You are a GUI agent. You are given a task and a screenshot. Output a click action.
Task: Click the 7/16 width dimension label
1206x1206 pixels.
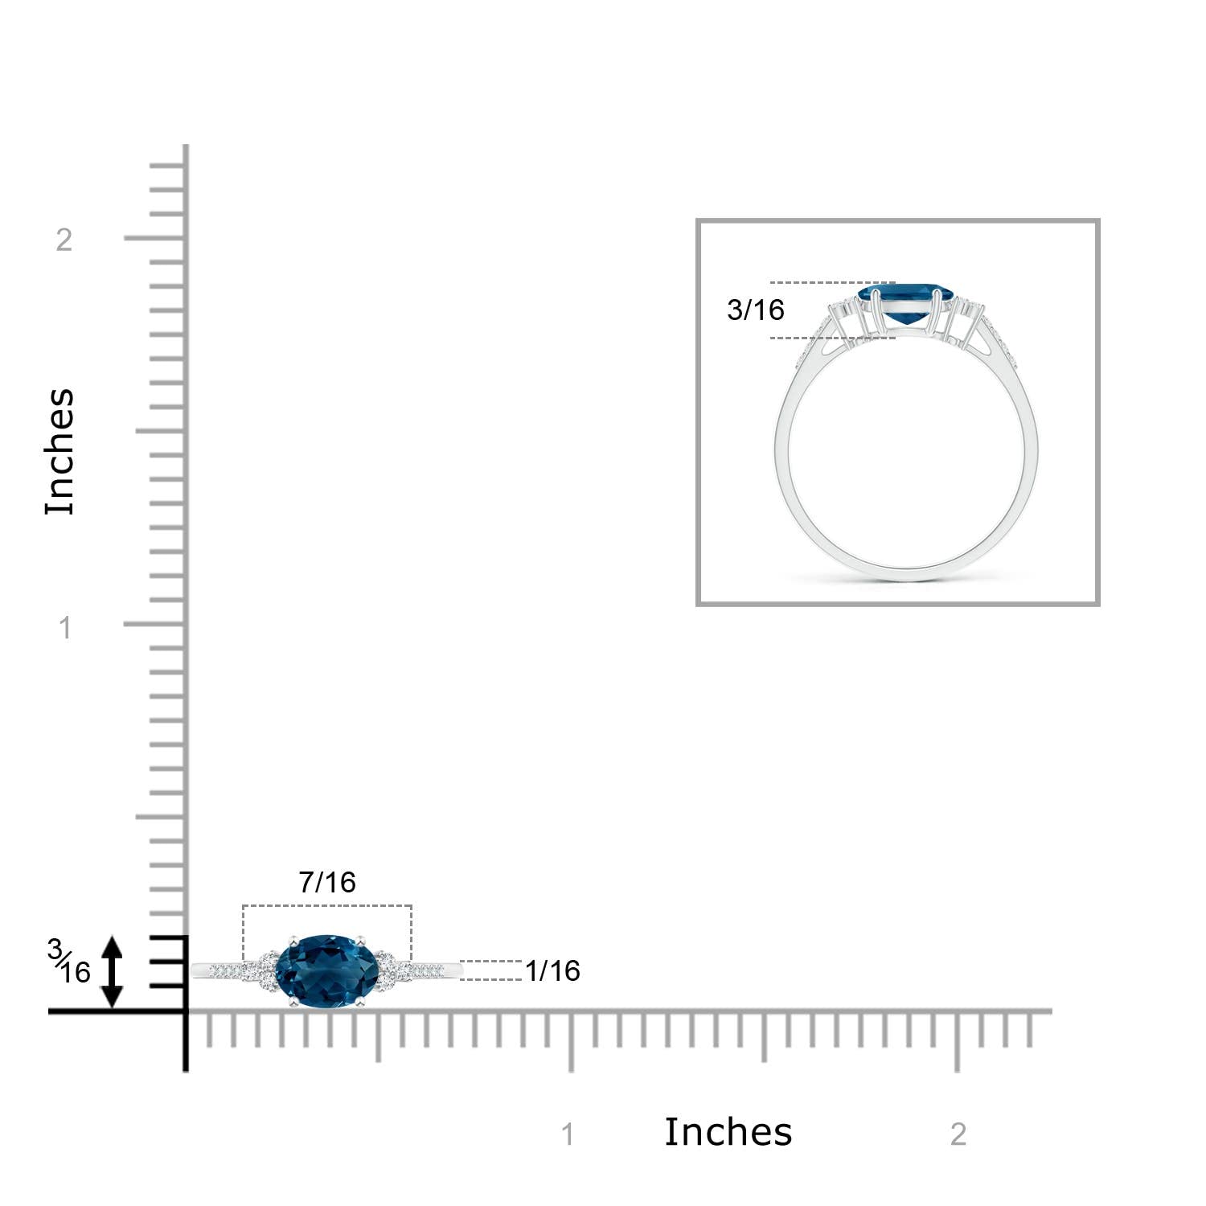click(327, 882)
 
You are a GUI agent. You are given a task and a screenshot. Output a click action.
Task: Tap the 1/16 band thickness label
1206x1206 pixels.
click(552, 970)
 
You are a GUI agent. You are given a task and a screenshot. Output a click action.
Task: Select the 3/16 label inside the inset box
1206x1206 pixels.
click(755, 310)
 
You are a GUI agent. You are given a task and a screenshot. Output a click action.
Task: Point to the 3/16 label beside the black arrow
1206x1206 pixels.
click(69, 962)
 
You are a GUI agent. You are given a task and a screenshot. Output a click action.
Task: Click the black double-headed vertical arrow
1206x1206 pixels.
click(112, 972)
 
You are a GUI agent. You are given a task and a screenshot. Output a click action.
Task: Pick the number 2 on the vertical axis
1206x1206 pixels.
click(64, 239)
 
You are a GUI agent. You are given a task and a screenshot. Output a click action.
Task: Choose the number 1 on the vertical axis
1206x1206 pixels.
click(66, 627)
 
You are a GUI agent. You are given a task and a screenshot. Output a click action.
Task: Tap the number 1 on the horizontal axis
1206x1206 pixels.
click(568, 1134)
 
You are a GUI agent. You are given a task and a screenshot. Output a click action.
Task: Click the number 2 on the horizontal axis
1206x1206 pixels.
click(958, 1134)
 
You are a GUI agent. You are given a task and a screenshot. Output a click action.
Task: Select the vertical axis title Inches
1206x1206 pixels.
click(59, 451)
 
